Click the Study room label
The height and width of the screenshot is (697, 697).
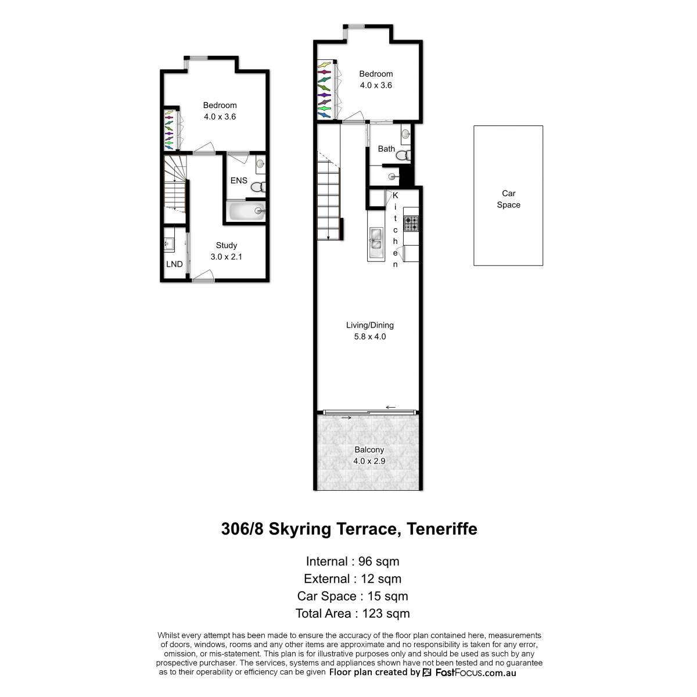tap(226, 245)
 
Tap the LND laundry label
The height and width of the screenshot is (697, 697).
tap(174, 264)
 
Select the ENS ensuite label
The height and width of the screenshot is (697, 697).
tap(239, 180)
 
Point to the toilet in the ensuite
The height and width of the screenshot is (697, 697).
tap(258, 187)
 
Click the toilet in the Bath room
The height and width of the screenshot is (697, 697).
tap(403, 155)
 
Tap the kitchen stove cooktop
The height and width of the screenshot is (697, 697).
tap(411, 224)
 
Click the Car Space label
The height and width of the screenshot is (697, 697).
tap(508, 199)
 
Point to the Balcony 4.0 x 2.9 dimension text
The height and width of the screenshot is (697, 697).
tap(369, 461)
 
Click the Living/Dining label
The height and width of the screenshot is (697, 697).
tap(369, 325)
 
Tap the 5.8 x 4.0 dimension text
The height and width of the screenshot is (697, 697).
tap(369, 336)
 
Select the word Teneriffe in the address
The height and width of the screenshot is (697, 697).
tap(442, 529)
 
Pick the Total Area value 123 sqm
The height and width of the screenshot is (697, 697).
tap(386, 613)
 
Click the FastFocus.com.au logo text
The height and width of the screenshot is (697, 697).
tap(476, 673)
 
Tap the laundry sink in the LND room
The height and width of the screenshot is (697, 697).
tap(168, 243)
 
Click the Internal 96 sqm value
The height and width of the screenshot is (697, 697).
tap(379, 561)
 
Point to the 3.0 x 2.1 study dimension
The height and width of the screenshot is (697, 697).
tap(226, 257)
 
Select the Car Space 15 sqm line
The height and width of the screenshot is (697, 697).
tap(353, 596)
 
